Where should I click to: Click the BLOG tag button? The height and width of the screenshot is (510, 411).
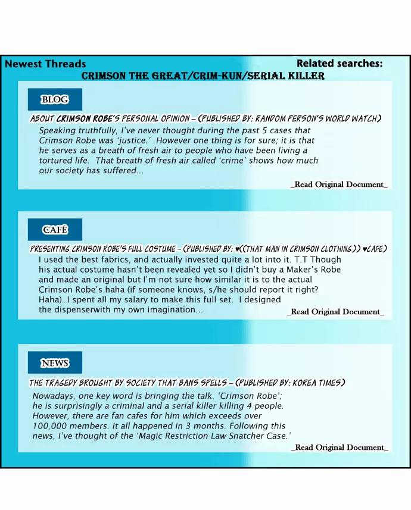tap(54, 99)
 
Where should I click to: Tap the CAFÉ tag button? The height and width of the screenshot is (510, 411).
tap(55, 230)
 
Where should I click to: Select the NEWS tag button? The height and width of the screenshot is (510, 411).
tap(55, 363)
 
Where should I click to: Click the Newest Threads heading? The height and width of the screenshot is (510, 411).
tap(45, 64)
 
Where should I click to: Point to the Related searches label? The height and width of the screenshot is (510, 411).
tap(340, 64)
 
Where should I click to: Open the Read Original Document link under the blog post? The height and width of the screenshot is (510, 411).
tap(339, 184)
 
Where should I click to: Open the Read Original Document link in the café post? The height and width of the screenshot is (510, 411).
tap(335, 312)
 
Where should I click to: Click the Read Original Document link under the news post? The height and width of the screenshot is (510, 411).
tap(340, 448)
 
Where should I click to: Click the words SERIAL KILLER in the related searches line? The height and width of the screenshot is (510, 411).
tap(289, 76)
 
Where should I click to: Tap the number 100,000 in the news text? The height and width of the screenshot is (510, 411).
tap(53, 426)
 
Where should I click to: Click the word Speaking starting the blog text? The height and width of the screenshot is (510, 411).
tap(58, 130)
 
